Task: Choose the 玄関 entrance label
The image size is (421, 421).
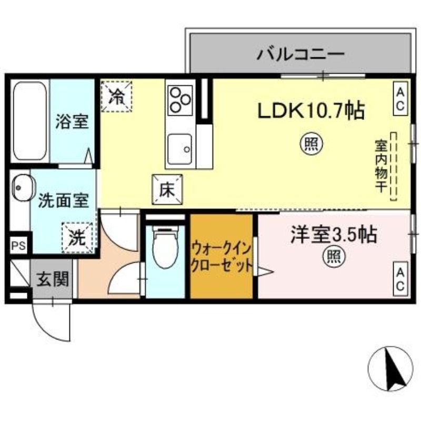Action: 53,279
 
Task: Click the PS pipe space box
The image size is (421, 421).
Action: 18,245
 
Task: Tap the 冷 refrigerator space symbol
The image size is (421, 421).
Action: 116,96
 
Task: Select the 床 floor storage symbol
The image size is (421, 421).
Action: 167,189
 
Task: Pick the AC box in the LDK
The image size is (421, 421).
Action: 400,98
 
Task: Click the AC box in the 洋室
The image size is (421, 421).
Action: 400,279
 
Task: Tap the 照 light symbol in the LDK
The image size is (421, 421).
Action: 311,144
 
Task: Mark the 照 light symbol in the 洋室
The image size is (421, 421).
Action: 333,257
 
